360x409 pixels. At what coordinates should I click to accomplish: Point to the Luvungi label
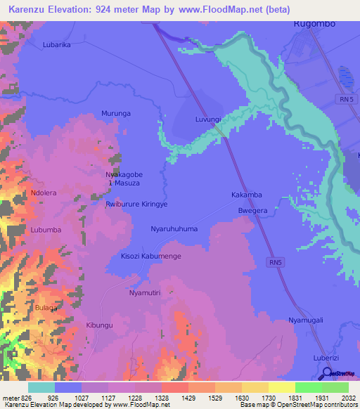click(208, 120)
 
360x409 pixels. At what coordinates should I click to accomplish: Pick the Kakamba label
click(247, 195)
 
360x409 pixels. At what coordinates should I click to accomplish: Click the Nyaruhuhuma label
click(174, 229)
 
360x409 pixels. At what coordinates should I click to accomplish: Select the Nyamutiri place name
click(146, 292)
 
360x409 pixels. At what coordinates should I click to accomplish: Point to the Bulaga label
click(46, 309)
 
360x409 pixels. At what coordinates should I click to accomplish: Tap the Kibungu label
click(99, 325)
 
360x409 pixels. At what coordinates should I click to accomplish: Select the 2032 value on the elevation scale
click(340, 398)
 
